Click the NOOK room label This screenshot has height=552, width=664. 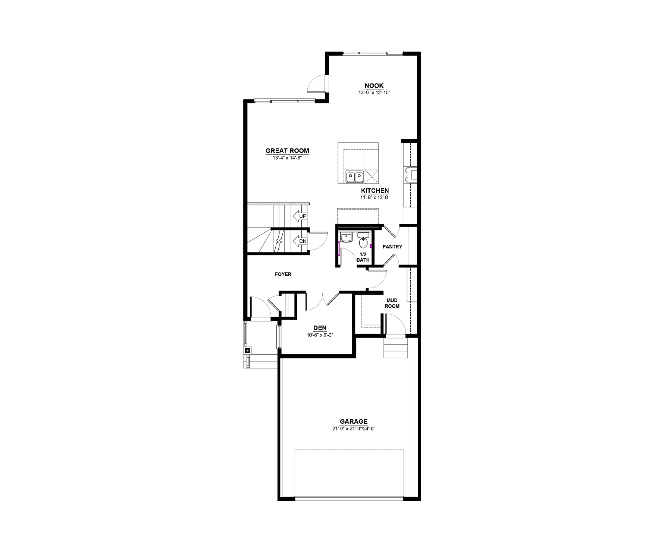click(x=374, y=86)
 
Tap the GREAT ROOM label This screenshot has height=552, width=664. click(x=287, y=151)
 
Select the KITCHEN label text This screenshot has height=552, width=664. click(x=375, y=191)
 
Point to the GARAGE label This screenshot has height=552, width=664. click(x=354, y=421)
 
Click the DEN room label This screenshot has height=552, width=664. click(x=320, y=328)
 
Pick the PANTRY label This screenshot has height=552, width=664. click(x=392, y=247)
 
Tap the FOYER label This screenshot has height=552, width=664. click(x=283, y=274)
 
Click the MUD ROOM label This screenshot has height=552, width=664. click(x=392, y=303)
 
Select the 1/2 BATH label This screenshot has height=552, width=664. click(x=363, y=257)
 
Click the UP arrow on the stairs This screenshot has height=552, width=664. click(x=300, y=216)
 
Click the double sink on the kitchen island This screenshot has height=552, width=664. click(x=354, y=177)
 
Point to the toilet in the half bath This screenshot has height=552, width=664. click(x=363, y=241)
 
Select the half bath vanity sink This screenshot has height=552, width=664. click(x=346, y=238)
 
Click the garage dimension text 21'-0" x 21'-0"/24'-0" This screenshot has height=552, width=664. click(x=354, y=429)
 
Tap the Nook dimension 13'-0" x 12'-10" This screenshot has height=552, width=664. click(x=374, y=92)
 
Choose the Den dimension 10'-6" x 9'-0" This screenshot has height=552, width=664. click(x=320, y=335)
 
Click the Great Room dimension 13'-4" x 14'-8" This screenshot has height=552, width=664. click(x=287, y=158)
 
